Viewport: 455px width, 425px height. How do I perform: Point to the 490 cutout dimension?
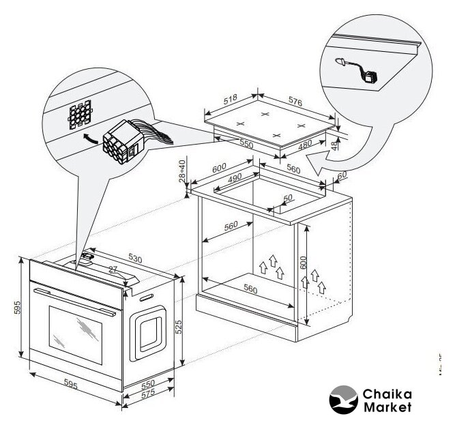pyautogui.click(x=235, y=177)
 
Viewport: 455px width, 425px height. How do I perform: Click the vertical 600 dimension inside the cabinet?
pyautogui.click(x=304, y=258)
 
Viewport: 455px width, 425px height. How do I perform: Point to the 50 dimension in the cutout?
pyautogui.click(x=288, y=198)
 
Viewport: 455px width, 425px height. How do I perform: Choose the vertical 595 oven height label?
pyautogui.click(x=18, y=307)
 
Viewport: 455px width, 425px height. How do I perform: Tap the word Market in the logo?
pyautogui.click(x=387, y=407)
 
